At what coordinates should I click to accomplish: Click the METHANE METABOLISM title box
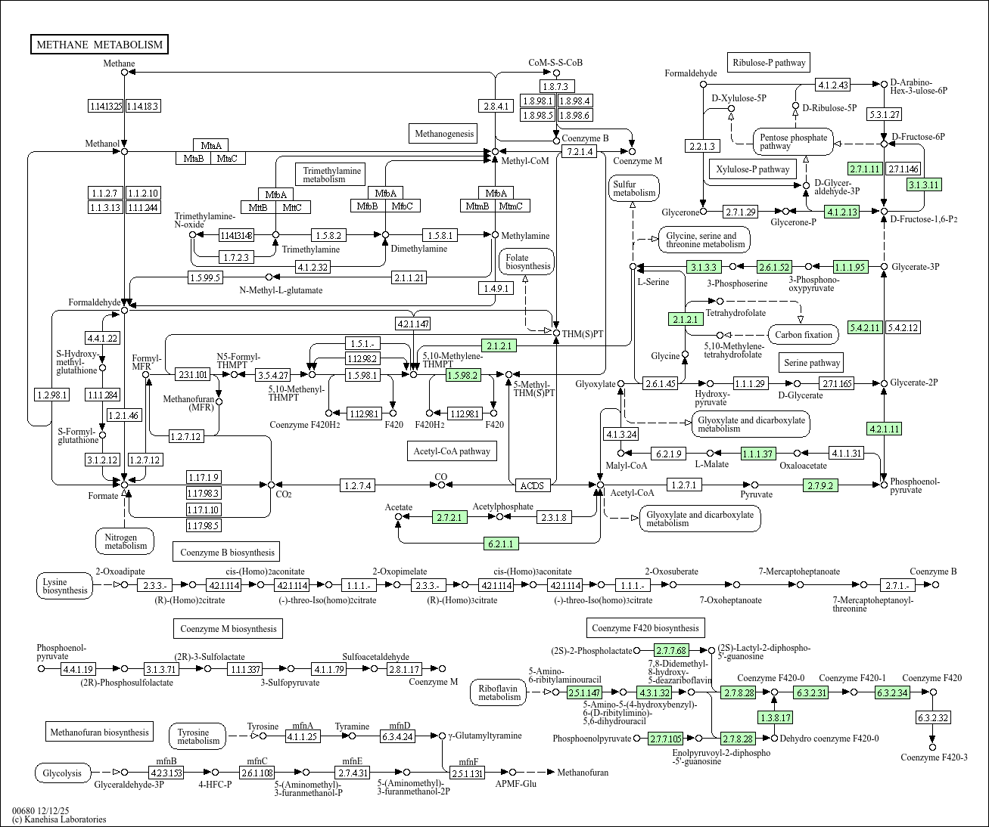coord(99,45)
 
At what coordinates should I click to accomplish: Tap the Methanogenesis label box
coord(443,134)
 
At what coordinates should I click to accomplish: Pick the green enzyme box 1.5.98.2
coord(464,375)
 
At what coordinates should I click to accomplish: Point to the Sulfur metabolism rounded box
coord(634,188)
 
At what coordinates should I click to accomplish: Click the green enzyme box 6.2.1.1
coord(501,544)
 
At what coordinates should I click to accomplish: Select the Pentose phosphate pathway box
coord(793,142)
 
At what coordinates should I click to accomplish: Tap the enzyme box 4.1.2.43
coord(832,85)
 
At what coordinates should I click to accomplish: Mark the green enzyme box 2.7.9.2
coord(820,485)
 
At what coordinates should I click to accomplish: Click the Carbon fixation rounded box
coord(804,335)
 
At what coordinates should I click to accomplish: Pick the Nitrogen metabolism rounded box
coord(125,541)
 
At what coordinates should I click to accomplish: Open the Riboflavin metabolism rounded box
coord(499,692)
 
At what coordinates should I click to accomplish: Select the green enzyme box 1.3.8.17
coord(775,717)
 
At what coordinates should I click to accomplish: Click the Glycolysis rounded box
coord(62,773)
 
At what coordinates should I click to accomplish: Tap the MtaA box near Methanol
coord(211,145)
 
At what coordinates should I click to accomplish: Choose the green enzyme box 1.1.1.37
coord(758,454)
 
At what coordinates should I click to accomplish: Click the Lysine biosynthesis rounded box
coord(65,586)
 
